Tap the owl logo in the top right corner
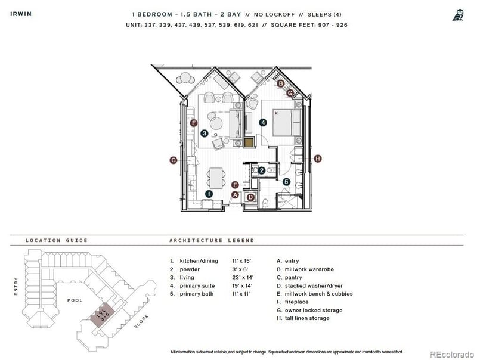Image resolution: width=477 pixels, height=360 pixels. point(458,14)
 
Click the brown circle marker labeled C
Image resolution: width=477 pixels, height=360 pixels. point(173,160)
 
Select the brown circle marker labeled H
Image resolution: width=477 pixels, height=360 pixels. point(318,159)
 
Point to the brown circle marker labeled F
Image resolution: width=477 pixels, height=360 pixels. point(193,123)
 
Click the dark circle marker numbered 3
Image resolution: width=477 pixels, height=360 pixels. point(204,134)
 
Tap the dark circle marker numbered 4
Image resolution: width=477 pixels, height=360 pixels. point(263,122)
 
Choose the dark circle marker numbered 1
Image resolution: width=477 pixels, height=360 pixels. point(208,194)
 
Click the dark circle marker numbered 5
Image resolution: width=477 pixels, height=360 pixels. point(286,182)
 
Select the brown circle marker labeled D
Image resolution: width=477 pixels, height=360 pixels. point(250,197)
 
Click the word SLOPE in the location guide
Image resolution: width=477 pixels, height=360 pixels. point(141,322)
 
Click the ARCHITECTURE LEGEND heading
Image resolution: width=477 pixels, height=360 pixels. point(212,241)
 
